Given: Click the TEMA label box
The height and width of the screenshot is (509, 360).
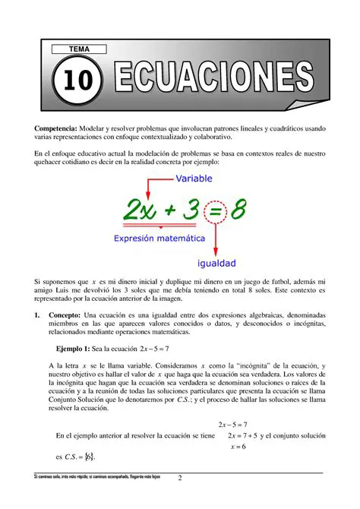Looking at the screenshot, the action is tap(79, 49).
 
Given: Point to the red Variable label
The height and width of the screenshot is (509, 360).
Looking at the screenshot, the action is tap(194, 179).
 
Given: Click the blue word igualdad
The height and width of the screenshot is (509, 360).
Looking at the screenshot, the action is tap(216, 264).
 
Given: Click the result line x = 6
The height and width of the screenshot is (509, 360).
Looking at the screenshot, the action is tap(238, 447).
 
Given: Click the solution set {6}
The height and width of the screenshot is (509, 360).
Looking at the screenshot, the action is tap(89, 457).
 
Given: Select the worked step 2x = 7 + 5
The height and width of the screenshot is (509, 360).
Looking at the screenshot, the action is tap(238, 436).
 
